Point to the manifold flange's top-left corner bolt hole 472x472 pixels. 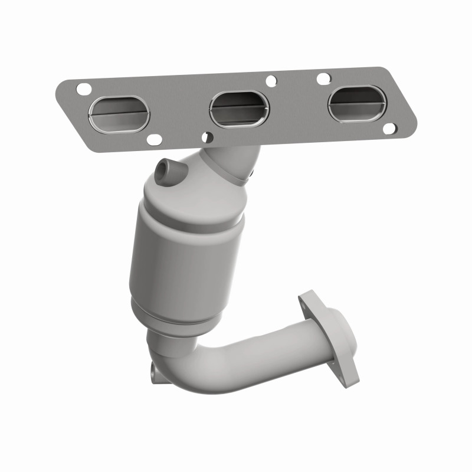click(x=84, y=90)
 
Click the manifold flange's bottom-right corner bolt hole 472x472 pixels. click(x=389, y=128)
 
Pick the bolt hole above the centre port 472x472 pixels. click(x=271, y=81)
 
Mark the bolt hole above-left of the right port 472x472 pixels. click(x=323, y=78)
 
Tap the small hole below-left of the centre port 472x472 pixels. click(x=206, y=137)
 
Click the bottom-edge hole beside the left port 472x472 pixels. click(x=154, y=140)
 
